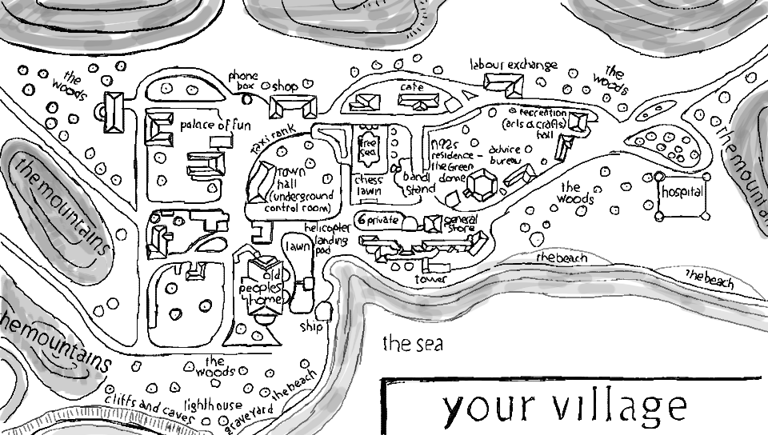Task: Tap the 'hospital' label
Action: [x=682, y=193]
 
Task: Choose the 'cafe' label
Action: [x=411, y=86]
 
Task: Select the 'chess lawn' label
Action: [x=368, y=186]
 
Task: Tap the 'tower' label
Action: [x=430, y=280]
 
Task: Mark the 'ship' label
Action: [x=310, y=326]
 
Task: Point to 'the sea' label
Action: [x=412, y=345]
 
